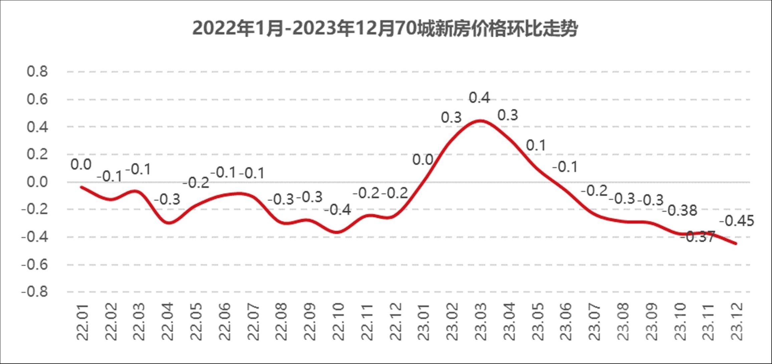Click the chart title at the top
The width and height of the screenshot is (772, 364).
click(x=385, y=29)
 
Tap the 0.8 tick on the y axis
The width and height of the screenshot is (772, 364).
click(x=37, y=71)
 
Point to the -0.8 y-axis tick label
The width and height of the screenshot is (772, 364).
click(x=35, y=292)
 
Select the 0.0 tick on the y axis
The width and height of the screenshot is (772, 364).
click(x=37, y=182)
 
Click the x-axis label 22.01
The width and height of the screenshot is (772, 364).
click(x=82, y=322)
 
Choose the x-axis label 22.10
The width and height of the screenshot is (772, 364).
click(x=339, y=322)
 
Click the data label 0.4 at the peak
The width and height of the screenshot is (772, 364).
click(x=479, y=98)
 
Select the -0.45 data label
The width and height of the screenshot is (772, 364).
click(x=737, y=221)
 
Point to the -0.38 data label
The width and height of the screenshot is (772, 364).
click(x=680, y=211)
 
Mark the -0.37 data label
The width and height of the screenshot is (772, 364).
click(x=697, y=237)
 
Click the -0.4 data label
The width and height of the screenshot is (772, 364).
click(x=338, y=210)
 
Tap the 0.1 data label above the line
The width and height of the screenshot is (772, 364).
click(x=536, y=145)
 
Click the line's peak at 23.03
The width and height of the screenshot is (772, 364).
click(x=480, y=121)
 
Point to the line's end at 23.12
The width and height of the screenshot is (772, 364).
click(x=736, y=244)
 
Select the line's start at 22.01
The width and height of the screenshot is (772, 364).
click(x=81, y=187)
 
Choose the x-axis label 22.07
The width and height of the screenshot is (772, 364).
click(x=253, y=322)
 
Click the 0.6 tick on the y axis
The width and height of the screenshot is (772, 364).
click(x=37, y=99)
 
